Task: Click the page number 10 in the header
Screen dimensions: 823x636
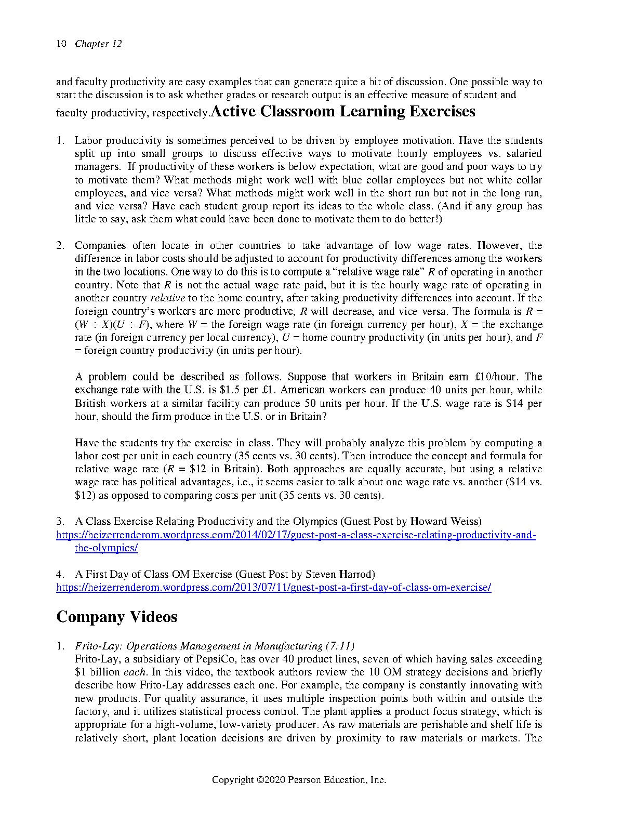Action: [61, 44]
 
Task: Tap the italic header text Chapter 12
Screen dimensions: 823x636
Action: [98, 44]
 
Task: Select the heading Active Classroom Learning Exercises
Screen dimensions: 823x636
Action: [343, 111]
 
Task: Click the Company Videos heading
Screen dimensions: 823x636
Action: [116, 617]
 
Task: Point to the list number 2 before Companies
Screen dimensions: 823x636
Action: [60, 245]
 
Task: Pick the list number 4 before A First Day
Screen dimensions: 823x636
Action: [60, 574]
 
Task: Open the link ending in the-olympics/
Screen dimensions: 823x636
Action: [106, 548]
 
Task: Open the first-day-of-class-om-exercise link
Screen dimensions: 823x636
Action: [274, 587]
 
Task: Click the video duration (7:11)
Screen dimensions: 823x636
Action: [340, 646]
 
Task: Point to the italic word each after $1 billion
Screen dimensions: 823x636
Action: [135, 672]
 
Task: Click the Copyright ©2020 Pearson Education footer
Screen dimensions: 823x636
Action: [299, 780]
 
